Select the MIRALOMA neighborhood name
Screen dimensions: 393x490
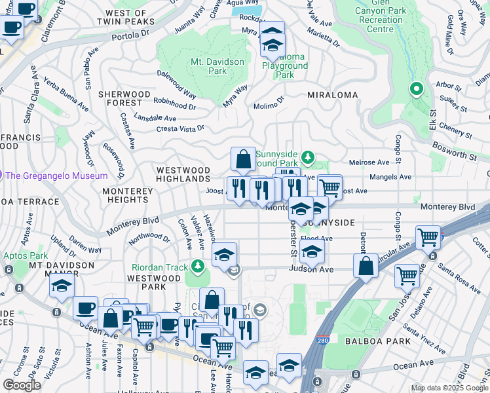coord(333,95)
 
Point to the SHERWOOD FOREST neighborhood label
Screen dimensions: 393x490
coord(120,98)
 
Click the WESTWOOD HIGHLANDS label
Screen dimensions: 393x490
coord(183,174)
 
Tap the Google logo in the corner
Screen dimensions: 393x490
coord(22,384)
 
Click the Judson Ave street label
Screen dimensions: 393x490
coord(312,269)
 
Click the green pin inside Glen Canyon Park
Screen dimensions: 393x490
coord(415,89)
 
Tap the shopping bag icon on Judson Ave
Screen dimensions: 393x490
coord(366,265)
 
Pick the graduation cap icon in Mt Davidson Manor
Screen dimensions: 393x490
coord(62,286)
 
